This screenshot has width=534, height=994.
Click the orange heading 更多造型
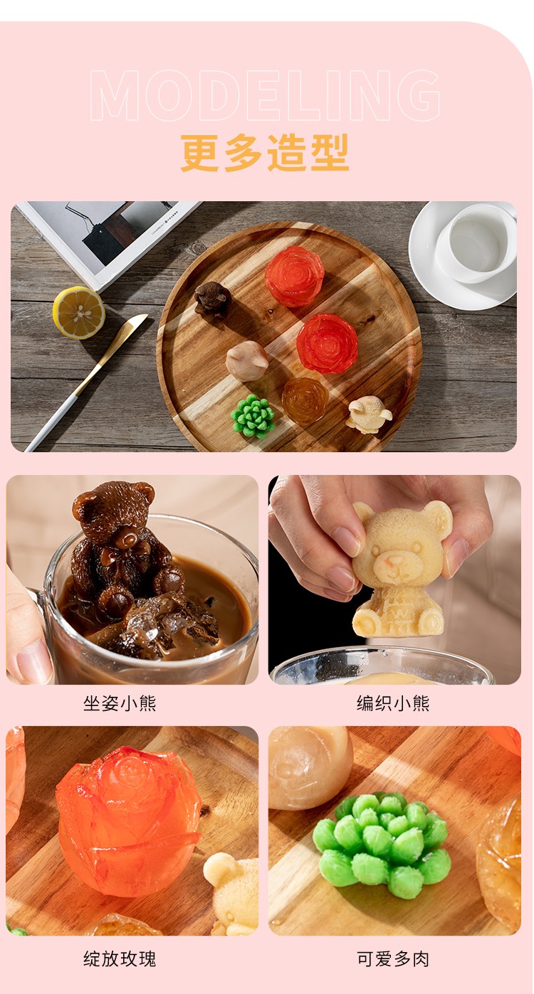click(265, 153)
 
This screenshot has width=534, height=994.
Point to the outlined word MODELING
click(266, 95)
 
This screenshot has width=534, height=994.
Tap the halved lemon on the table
click(79, 312)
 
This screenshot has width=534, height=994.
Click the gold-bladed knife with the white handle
click(87, 382)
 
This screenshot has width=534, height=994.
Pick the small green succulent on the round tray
click(252, 416)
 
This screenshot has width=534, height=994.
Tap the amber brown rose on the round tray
click(305, 400)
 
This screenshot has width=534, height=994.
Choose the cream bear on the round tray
click(369, 415)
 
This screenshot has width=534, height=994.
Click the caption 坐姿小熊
click(120, 703)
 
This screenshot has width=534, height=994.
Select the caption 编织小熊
click(393, 703)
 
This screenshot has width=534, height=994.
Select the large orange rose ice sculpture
click(128, 822)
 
